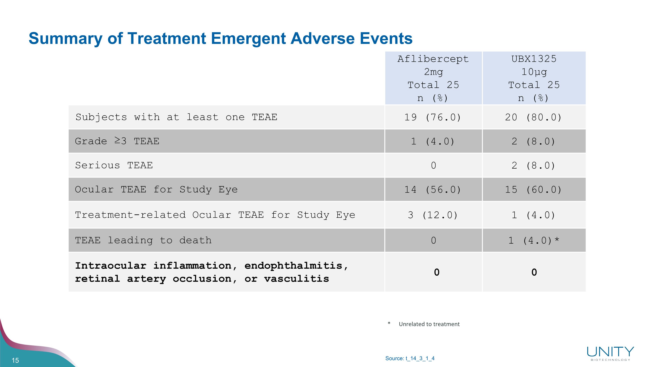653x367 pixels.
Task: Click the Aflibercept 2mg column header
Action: tap(433, 78)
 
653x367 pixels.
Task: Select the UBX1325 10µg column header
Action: tap(534, 78)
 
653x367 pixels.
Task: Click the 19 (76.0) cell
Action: tap(433, 117)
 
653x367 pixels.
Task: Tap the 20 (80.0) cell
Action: tap(533, 117)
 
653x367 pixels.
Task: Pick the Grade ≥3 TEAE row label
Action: tap(117, 141)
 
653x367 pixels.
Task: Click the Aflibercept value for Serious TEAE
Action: tap(433, 165)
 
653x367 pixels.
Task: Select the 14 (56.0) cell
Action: tap(433, 189)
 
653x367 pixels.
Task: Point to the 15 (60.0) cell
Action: tap(533, 189)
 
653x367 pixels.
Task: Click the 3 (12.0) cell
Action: tap(433, 215)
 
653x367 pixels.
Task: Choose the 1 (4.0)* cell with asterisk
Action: tap(533, 240)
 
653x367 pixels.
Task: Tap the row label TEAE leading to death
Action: tap(143, 240)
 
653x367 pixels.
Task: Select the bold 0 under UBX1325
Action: tap(534, 272)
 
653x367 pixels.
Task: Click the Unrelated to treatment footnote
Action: tap(429, 324)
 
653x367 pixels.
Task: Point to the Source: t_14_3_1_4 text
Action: tap(410, 358)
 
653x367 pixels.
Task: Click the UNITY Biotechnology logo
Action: tap(610, 354)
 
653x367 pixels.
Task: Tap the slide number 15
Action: tap(15, 360)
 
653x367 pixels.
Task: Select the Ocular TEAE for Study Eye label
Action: tap(156, 189)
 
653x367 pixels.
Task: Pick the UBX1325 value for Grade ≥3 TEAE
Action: tap(533, 141)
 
